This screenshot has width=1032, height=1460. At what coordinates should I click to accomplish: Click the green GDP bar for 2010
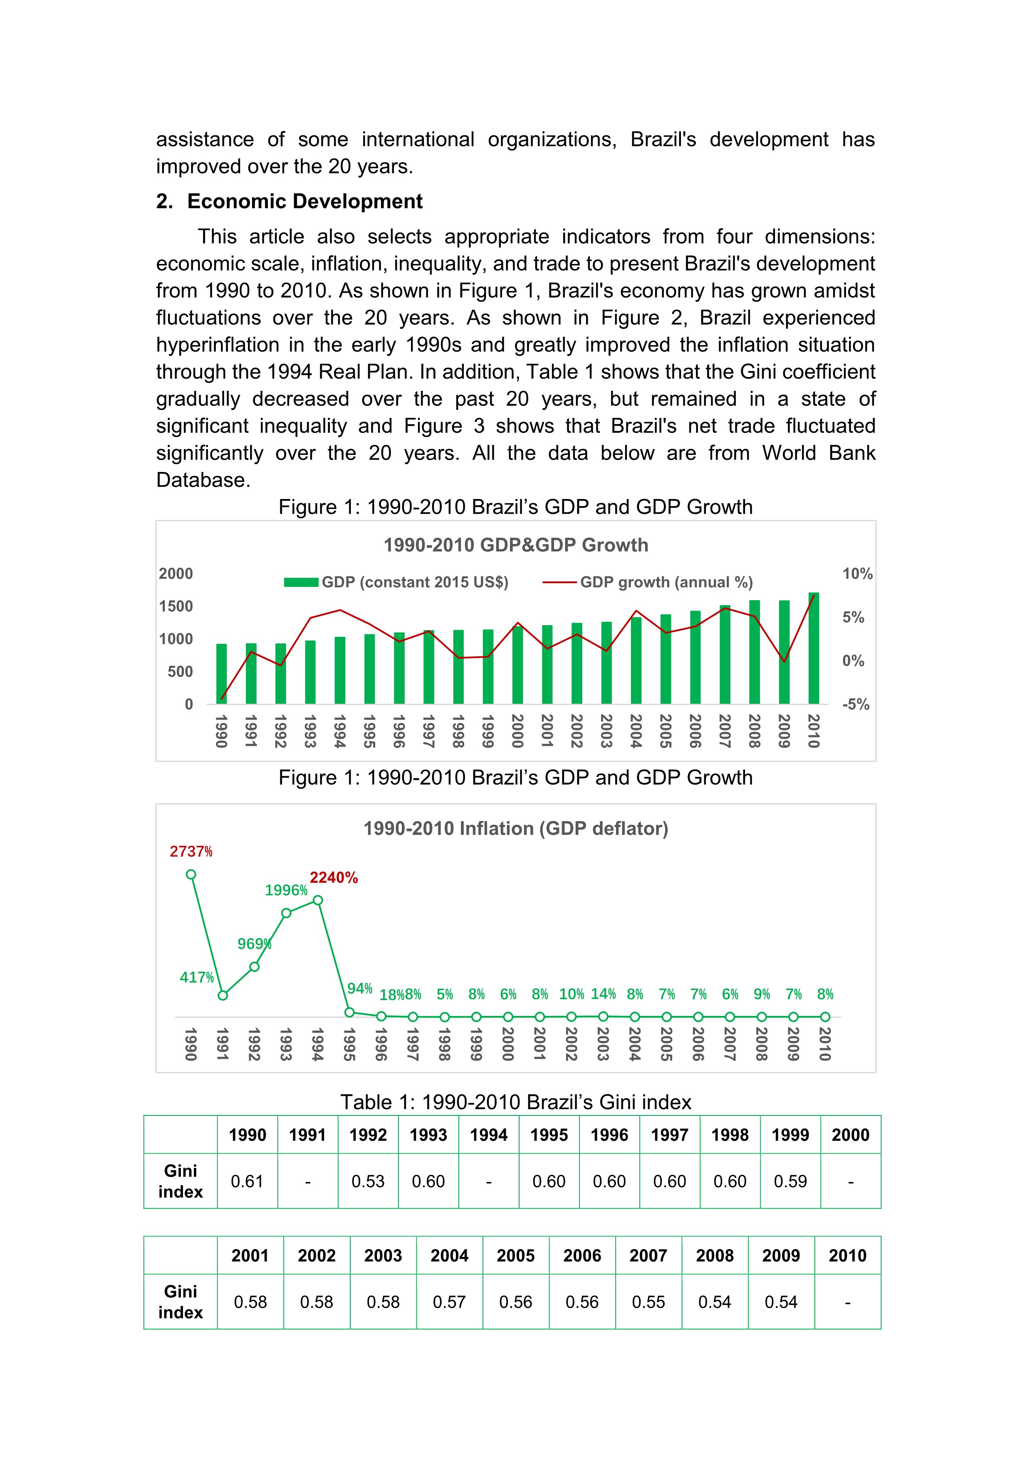[813, 648]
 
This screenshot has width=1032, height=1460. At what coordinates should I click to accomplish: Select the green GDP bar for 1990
[221, 674]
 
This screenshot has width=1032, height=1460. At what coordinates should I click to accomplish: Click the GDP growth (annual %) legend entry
[648, 583]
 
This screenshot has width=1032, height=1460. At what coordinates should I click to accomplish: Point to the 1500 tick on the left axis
[176, 607]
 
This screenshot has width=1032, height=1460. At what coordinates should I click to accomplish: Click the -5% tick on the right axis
[855, 705]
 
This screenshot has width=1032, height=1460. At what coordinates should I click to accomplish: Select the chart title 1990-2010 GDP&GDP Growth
[515, 545]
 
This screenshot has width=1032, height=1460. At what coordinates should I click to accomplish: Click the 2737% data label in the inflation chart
[191, 852]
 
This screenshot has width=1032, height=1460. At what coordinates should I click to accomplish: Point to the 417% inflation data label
[196, 977]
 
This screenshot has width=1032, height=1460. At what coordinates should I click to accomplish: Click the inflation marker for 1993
[286, 913]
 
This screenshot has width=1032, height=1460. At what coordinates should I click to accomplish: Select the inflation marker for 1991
[223, 995]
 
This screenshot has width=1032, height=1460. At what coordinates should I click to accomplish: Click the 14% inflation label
[603, 994]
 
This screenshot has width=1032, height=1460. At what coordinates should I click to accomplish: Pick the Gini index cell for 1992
[368, 1182]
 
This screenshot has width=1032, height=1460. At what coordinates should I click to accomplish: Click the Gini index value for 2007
[648, 1302]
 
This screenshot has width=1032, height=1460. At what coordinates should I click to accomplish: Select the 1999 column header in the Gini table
[790, 1135]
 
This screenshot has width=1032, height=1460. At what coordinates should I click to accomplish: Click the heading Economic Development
[304, 201]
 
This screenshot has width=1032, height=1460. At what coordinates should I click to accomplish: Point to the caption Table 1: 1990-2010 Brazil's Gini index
[515, 1102]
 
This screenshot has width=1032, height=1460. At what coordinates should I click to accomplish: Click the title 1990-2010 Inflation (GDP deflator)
[515, 829]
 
